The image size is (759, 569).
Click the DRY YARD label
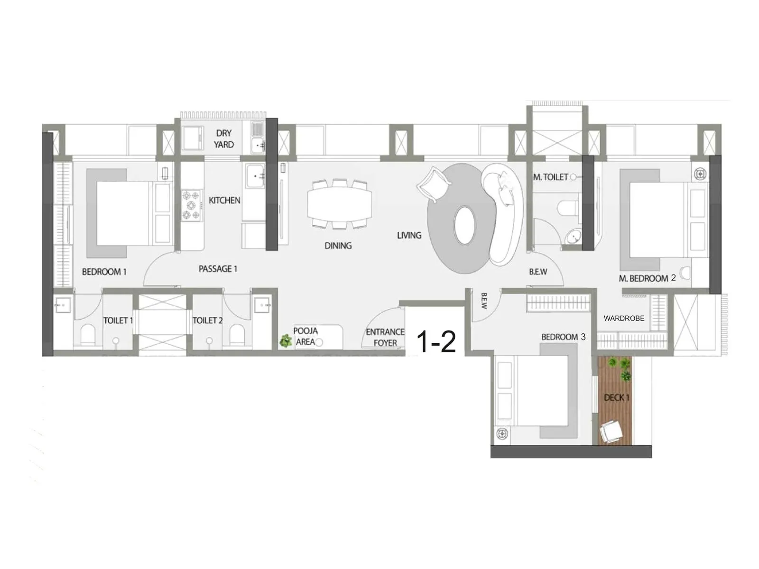point(223,138)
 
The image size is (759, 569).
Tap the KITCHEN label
point(224,200)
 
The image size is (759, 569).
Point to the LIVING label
point(409,235)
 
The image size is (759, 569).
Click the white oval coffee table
point(464,226)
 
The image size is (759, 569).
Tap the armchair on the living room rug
point(434,184)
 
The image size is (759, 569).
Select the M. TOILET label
point(550,177)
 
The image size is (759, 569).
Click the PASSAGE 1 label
point(218,269)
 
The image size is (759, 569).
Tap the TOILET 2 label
point(207,320)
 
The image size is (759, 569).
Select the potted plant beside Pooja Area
point(286,340)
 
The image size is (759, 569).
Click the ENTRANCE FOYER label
point(385,337)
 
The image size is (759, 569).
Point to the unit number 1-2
point(436,341)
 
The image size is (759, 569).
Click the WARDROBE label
point(624,318)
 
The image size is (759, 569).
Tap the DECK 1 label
point(616,398)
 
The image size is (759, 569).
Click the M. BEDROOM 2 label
point(647,278)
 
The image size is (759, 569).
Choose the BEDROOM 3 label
point(563,337)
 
